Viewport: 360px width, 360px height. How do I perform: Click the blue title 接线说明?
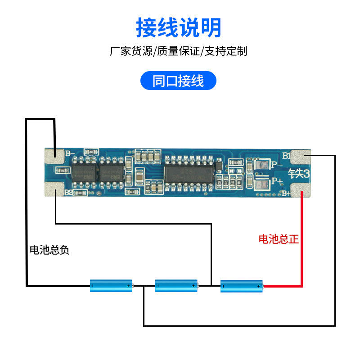coord(179,28)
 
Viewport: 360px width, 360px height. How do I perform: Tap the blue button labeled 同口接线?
coord(179,81)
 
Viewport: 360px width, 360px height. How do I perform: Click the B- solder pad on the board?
coord(54,155)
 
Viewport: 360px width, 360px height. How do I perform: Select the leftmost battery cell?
coord(111,285)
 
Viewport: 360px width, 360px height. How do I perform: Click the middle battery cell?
coord(176,285)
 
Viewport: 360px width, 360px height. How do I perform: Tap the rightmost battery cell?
coord(242,285)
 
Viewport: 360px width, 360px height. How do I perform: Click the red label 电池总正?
coord(279,239)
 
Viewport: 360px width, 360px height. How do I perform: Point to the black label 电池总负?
coord(49,250)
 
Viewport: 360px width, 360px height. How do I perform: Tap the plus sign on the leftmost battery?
coord(128,286)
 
